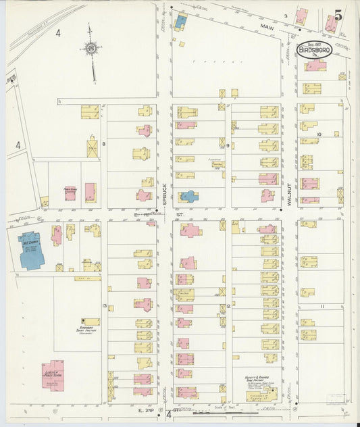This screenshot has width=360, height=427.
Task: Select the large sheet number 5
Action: [x=337, y=13]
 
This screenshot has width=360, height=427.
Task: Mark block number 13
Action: [x=104, y=306]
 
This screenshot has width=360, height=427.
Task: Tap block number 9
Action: [x=228, y=145]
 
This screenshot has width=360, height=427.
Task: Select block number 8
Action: [x=104, y=144]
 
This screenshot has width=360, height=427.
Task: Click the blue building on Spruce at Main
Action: [x=181, y=21]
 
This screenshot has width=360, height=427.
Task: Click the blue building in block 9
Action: [x=188, y=197]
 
